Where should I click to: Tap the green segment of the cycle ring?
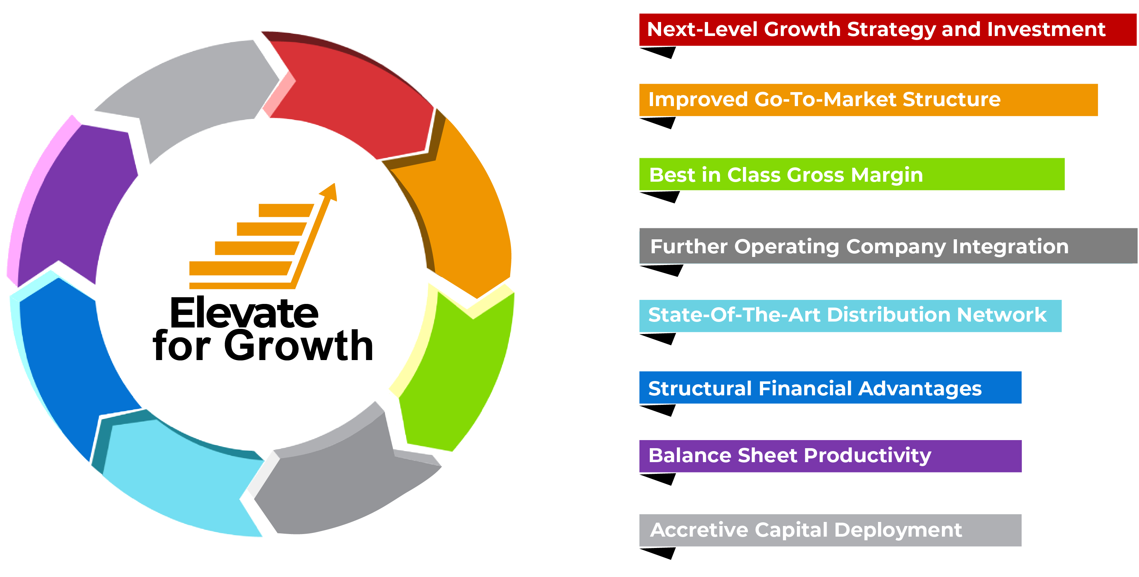[460, 376]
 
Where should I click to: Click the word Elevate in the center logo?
[244, 313]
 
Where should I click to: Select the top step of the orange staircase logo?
[285, 210]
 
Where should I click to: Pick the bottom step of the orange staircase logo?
[239, 268]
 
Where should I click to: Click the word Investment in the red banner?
[1046, 30]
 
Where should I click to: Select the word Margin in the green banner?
[887, 175]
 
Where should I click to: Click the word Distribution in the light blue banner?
[888, 315]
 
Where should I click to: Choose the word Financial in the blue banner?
[805, 388]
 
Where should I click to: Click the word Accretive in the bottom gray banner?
[699, 530]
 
